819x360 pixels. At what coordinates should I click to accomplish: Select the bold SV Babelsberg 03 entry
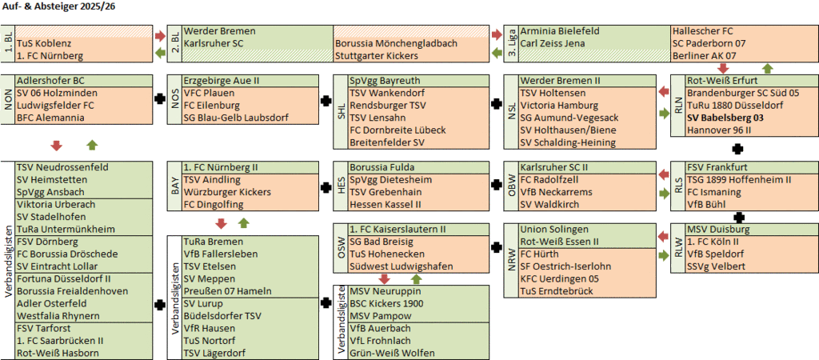click(x=725, y=118)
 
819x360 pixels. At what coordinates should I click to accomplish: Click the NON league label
click(x=8, y=99)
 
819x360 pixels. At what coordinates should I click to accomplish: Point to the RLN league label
click(x=678, y=106)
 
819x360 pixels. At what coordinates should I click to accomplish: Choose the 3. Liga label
click(x=511, y=43)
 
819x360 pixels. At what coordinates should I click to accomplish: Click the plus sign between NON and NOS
click(x=160, y=98)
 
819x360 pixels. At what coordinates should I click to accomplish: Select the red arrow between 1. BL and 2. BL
click(x=160, y=35)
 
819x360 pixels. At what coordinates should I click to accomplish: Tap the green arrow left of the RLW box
click(x=664, y=256)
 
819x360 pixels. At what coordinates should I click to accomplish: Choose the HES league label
click(x=341, y=186)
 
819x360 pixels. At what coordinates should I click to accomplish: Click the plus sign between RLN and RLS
click(x=737, y=148)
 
